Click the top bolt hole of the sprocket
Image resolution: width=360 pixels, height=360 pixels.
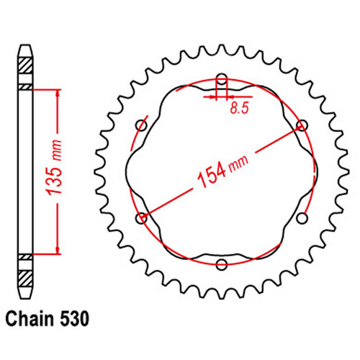click(222, 81)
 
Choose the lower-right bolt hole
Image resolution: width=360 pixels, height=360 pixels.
click(301, 217)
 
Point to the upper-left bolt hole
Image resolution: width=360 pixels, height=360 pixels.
click(142, 126)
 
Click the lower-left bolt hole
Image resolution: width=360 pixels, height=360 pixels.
click(142, 217)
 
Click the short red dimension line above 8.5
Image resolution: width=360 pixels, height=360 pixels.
click(222, 94)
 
